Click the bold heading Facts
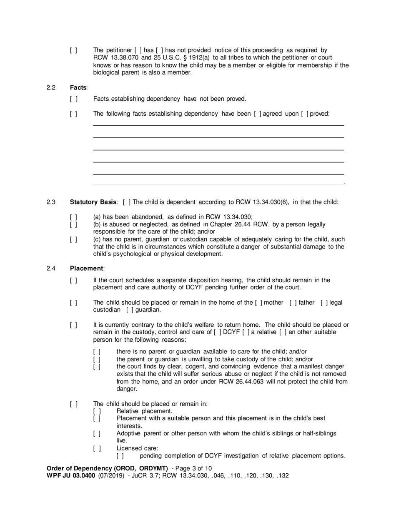(x=78, y=87)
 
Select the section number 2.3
(x=51, y=202)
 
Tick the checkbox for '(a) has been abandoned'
(x=73, y=217)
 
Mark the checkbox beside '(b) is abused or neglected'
(x=73, y=224)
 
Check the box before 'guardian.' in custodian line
(x=130, y=310)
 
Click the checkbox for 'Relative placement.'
(x=97, y=411)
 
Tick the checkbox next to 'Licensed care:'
(x=97, y=448)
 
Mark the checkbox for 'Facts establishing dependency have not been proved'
(x=73, y=99)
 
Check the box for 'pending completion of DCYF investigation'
(x=120, y=456)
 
